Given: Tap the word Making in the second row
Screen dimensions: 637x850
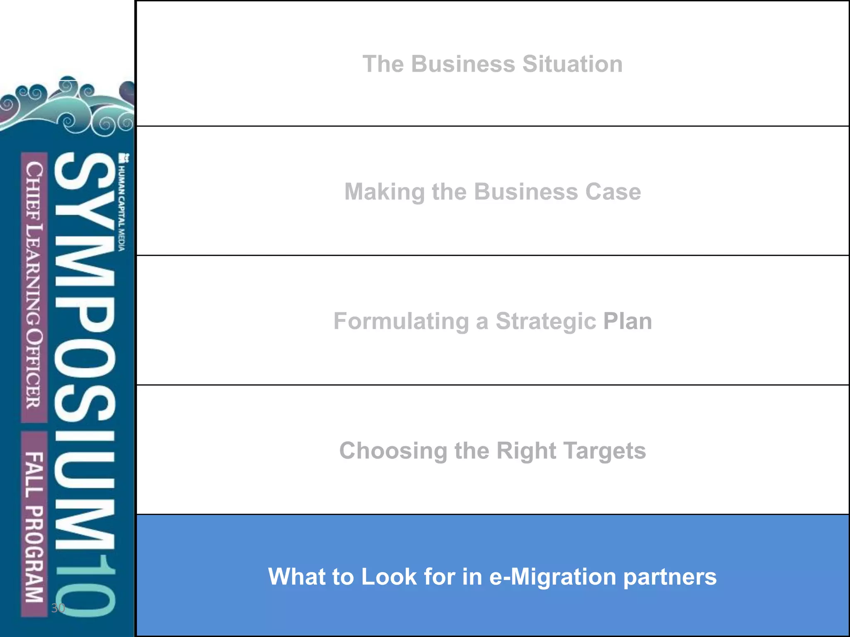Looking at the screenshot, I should click(384, 192).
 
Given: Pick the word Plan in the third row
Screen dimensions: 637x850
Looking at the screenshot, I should click(627, 321).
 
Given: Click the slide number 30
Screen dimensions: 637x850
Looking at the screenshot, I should click(58, 608).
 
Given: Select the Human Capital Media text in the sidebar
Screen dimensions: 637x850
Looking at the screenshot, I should click(122, 203).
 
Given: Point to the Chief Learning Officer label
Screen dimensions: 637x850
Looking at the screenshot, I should click(34, 286).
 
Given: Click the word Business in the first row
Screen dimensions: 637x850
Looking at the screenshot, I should click(463, 64).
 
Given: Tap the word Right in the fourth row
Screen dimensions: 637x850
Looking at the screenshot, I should click(526, 451).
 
